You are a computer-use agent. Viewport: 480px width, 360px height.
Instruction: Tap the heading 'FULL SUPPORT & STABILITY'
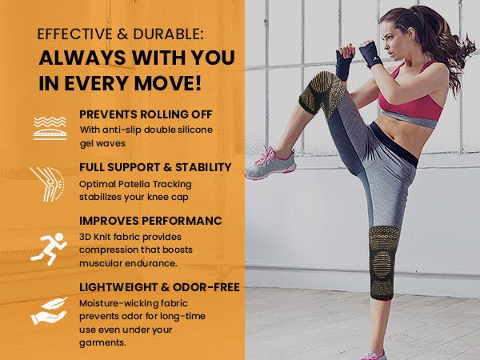[156, 167]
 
